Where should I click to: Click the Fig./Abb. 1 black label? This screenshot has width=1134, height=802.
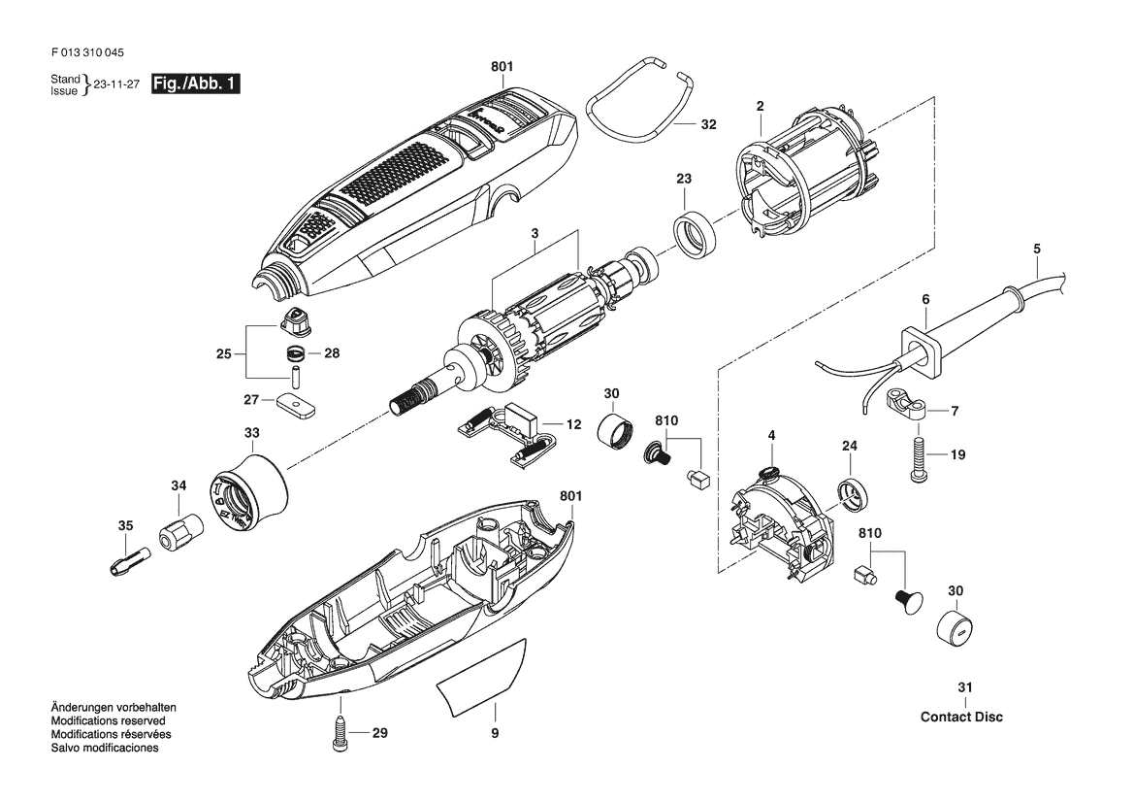pyautogui.click(x=195, y=84)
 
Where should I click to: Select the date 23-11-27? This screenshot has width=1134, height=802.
pyautogui.click(x=116, y=84)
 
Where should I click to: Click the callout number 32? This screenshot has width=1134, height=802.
pyautogui.click(x=709, y=124)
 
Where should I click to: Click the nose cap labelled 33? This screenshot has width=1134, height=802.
pyautogui.click(x=248, y=493)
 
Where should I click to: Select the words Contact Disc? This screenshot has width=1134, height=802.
pyautogui.click(x=961, y=718)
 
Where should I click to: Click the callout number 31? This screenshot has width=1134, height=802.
pyautogui.click(x=965, y=687)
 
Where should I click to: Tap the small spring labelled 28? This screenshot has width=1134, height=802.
pyautogui.click(x=294, y=354)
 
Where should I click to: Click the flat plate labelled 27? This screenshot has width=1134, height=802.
pyautogui.click(x=296, y=404)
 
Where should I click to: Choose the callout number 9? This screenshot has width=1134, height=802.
pyautogui.click(x=495, y=733)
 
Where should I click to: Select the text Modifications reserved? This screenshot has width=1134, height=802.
pyautogui.click(x=108, y=721)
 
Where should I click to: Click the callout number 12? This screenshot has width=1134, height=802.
pyautogui.click(x=573, y=424)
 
